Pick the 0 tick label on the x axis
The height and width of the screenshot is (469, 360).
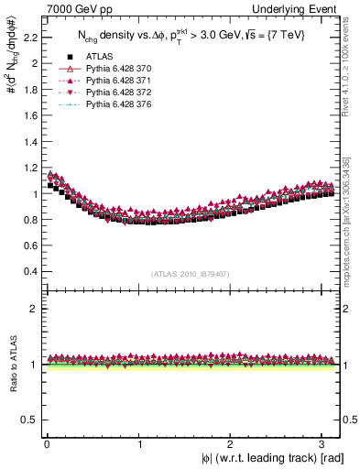coord(47,442)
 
